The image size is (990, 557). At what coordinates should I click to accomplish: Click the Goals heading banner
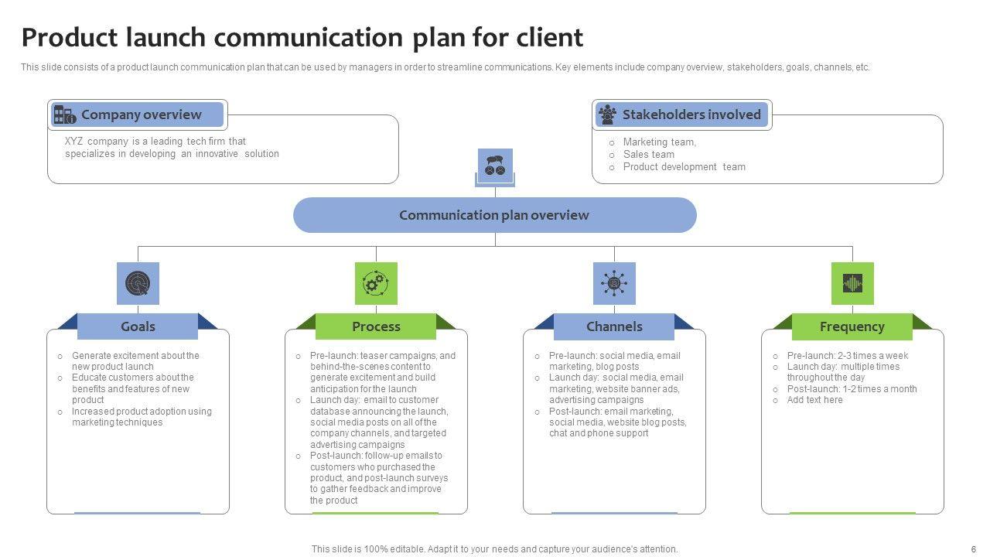(138, 326)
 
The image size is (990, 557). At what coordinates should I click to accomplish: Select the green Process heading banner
(376, 326)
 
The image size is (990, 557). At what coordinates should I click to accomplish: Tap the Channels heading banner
(614, 326)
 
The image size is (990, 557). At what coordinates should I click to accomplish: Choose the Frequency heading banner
(852, 326)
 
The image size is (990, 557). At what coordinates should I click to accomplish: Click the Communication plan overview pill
(494, 215)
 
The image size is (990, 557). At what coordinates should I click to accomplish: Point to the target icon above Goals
(138, 283)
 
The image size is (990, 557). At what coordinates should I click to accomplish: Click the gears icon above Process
(376, 283)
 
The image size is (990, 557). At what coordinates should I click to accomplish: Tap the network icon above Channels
(614, 283)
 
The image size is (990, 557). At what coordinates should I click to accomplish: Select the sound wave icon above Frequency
(852, 283)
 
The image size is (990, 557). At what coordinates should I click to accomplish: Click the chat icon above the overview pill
(495, 166)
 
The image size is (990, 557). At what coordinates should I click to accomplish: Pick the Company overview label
(141, 114)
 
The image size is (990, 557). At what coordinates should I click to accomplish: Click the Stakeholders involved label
(691, 114)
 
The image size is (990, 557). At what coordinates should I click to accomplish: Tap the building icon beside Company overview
(64, 115)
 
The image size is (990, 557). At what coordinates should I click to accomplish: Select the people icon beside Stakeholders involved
(608, 114)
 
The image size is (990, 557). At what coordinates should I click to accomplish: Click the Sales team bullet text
(648, 154)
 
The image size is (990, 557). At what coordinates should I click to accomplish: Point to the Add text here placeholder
(814, 400)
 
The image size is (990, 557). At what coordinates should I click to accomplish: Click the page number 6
(974, 548)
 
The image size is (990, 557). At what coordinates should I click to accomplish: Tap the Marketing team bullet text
(659, 142)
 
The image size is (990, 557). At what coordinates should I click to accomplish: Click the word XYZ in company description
(74, 142)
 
